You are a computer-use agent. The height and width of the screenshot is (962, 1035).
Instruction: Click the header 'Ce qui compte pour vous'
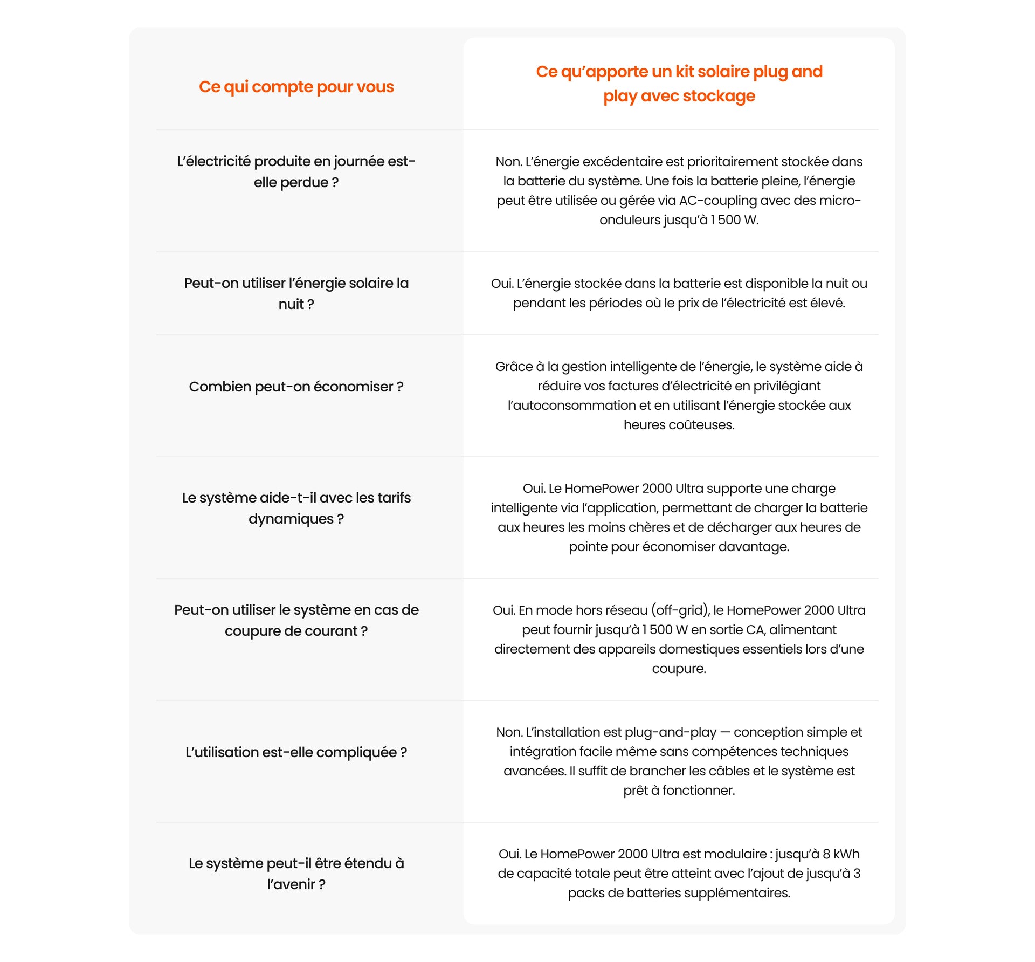point(296,87)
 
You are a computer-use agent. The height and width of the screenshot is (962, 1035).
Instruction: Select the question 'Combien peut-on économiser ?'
point(296,387)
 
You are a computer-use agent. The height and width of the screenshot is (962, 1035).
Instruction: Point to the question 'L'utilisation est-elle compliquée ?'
point(296,752)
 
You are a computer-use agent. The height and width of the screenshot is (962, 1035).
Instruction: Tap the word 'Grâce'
point(514,367)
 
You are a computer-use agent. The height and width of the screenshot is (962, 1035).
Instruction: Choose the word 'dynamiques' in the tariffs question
point(291,519)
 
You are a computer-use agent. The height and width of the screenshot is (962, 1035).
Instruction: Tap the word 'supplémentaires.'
point(744,893)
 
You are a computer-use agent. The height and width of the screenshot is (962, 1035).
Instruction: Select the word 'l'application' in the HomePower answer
point(620,508)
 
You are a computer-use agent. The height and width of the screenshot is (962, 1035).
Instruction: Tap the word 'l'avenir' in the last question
point(291,884)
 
